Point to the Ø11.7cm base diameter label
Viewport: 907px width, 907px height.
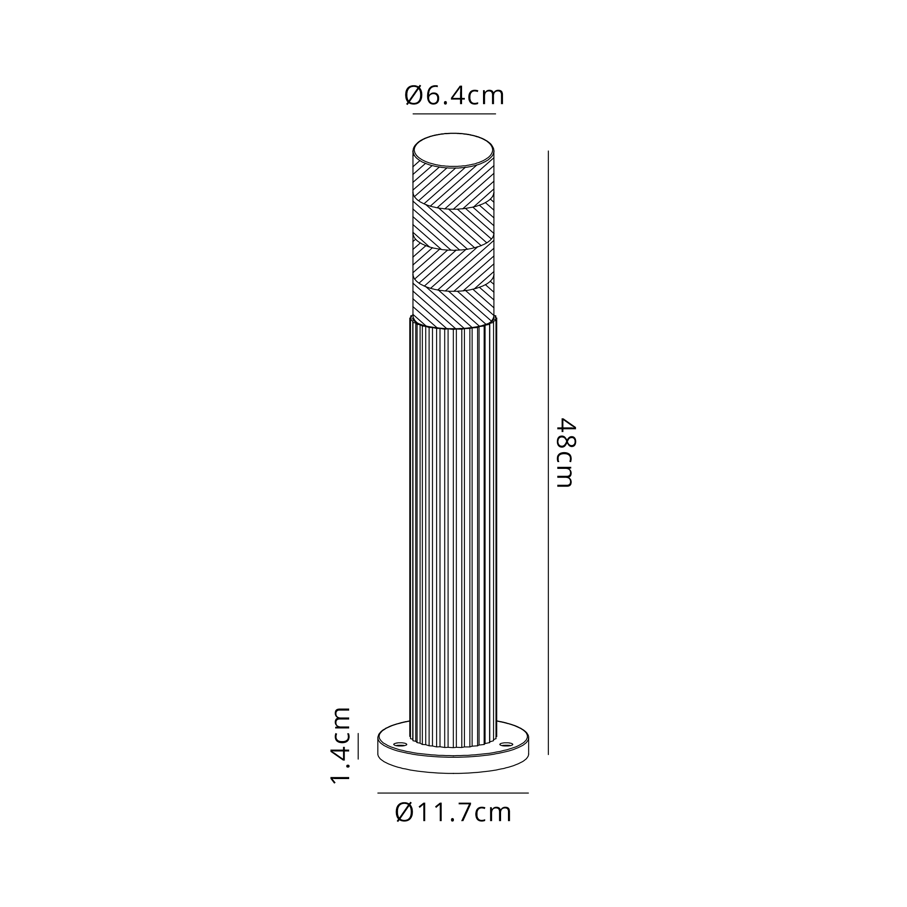[x=453, y=813]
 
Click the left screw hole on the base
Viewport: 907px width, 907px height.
[x=400, y=745]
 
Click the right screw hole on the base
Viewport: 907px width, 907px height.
[x=507, y=745]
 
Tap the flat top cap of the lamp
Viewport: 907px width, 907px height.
[x=453, y=150]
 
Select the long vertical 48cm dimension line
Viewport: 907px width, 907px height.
[x=548, y=453]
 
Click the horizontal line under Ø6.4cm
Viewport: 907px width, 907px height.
[x=454, y=114]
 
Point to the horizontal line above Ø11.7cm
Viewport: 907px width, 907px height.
[x=453, y=793]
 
